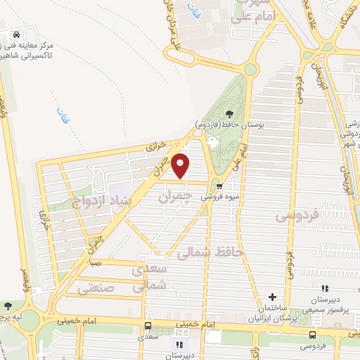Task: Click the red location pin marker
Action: pyautogui.click(x=181, y=165)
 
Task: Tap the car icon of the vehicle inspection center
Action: pyautogui.click(x=15, y=34)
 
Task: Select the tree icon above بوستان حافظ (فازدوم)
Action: pyautogui.click(x=229, y=113)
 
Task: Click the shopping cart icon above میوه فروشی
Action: pyautogui.click(x=220, y=186)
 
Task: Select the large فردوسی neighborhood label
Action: pyautogui.click(x=298, y=213)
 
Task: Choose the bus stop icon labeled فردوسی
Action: pyautogui.click(x=311, y=335)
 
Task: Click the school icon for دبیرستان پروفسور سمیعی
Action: pyautogui.click(x=324, y=288)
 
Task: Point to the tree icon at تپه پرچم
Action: pyautogui.click(x=8, y=307)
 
